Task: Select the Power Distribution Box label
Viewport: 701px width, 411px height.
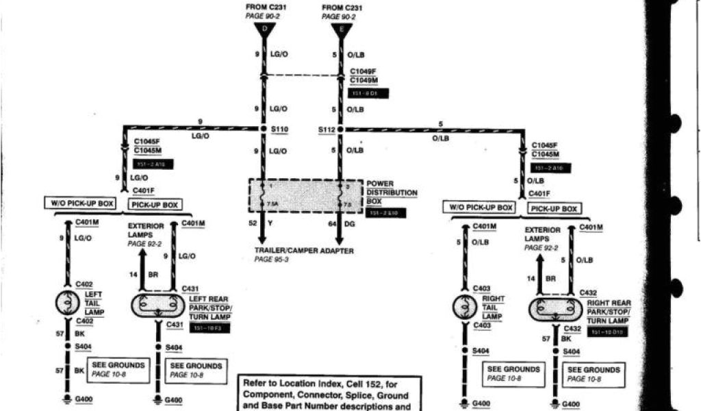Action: [x=392, y=192]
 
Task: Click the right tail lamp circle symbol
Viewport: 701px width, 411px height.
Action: [x=464, y=306]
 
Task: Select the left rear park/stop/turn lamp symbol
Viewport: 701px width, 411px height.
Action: [x=158, y=305]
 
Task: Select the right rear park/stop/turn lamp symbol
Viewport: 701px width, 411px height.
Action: [x=555, y=310]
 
